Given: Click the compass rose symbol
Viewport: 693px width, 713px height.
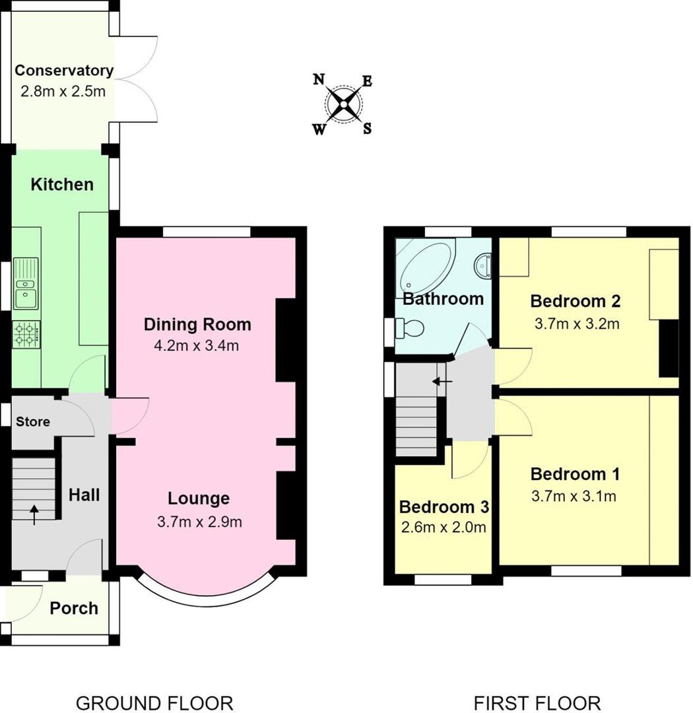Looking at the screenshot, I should pyautogui.click(x=343, y=104).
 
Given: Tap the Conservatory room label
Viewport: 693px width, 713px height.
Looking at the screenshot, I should pyautogui.click(x=64, y=71).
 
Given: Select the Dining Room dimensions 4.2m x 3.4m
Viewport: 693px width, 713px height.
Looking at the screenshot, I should pyautogui.click(x=197, y=345).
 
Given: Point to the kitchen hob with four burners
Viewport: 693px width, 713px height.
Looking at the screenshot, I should pyautogui.click(x=26, y=335).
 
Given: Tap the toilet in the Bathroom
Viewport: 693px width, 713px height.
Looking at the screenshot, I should pyautogui.click(x=409, y=328).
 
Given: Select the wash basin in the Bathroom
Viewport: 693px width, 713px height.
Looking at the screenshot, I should pyautogui.click(x=482, y=265).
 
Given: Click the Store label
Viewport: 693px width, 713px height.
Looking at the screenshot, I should pyautogui.click(x=32, y=421).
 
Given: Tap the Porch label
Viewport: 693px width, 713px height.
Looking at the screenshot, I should pyautogui.click(x=74, y=608).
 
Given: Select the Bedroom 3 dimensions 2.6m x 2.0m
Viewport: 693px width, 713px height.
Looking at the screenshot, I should pyautogui.click(x=443, y=527).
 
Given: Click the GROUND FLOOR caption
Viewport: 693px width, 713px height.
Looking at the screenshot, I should pyautogui.click(x=154, y=702).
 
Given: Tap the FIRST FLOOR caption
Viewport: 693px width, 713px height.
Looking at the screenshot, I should pyautogui.click(x=537, y=702).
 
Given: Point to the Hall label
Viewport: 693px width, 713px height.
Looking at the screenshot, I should pyautogui.click(x=84, y=494).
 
